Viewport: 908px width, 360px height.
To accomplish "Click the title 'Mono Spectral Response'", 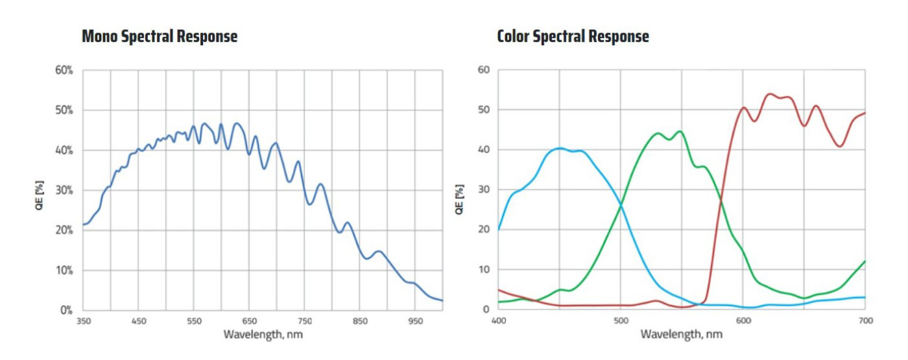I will click(160, 36).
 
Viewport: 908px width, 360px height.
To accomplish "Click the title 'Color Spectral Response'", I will click(573, 36).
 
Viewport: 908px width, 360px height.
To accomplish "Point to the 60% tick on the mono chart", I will click(64, 70).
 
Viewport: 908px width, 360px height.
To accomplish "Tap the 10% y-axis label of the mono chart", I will click(64, 270).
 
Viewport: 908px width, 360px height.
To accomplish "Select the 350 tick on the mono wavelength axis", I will click(83, 321).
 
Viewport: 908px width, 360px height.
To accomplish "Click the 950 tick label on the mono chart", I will click(416, 321).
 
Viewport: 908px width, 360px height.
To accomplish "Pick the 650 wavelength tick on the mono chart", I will click(249, 321).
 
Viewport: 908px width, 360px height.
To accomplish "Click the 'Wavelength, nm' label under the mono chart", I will click(263, 335).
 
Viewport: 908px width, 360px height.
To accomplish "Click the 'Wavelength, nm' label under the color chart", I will click(681, 335).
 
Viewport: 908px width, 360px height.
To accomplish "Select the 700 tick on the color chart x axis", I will click(865, 320).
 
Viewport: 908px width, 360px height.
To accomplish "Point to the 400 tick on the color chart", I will click(498, 320).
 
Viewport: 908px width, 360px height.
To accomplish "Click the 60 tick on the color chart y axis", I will click(483, 70).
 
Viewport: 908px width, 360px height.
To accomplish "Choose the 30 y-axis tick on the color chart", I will click(483, 189).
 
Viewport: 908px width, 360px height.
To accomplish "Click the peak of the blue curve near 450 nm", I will click(560, 148).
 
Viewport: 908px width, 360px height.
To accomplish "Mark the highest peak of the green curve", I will click(679, 131).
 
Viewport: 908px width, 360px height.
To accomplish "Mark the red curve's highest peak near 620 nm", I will click(770, 94).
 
